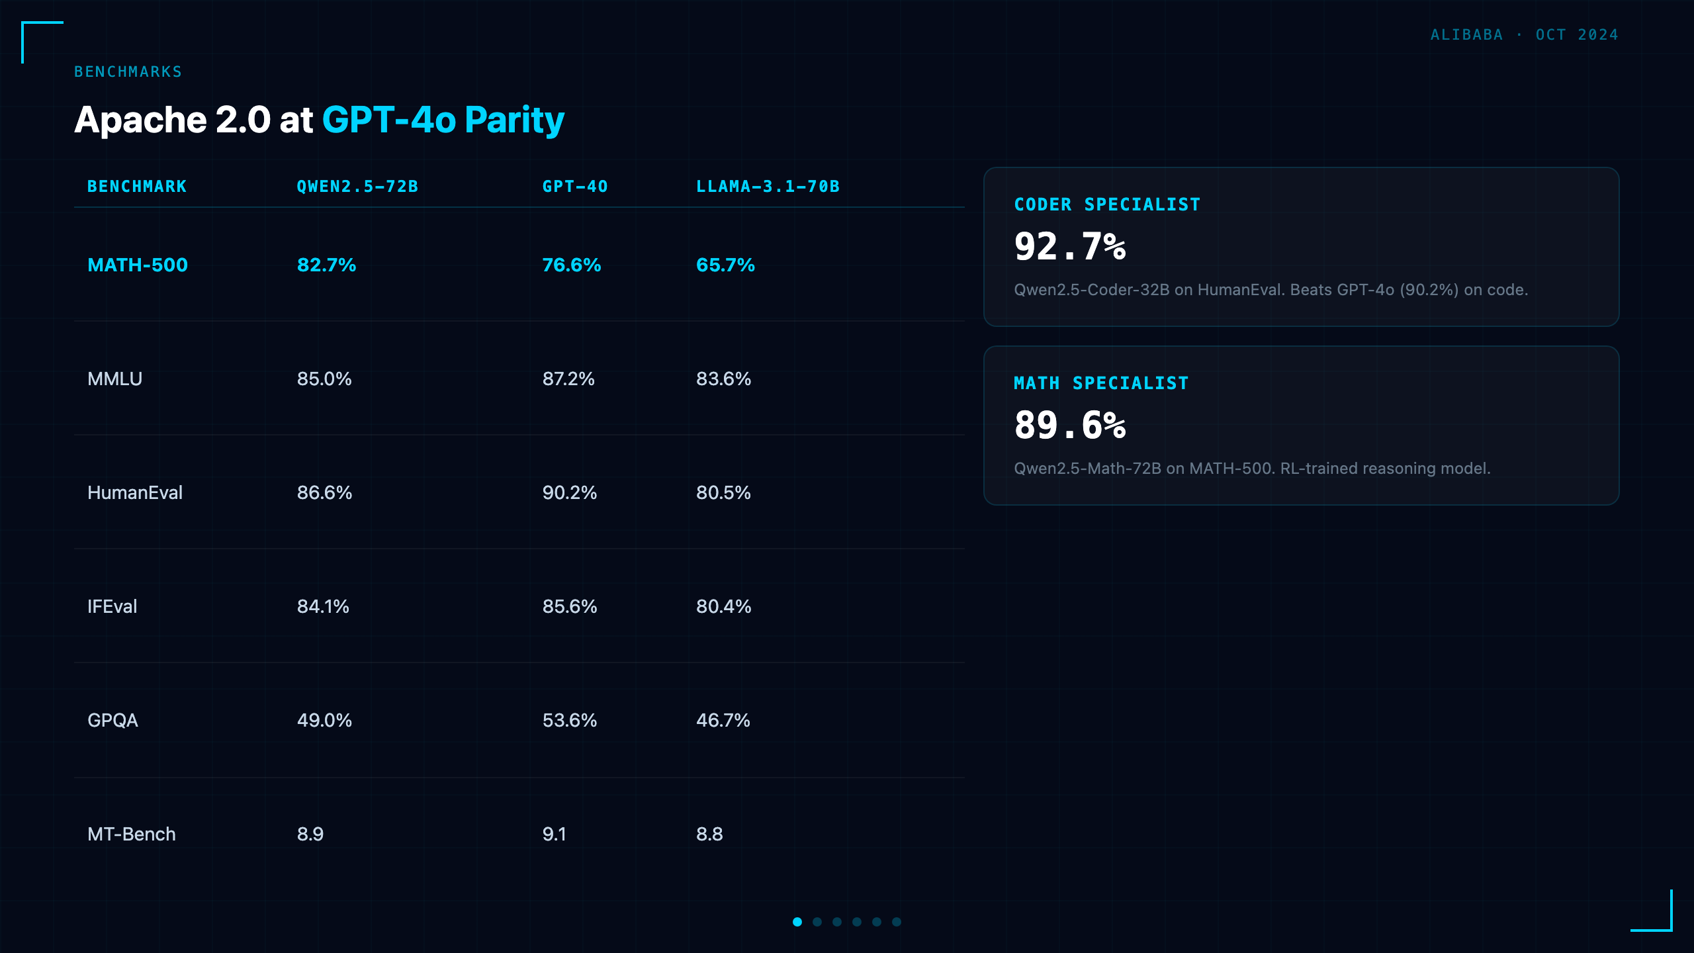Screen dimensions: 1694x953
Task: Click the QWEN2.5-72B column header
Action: (357, 187)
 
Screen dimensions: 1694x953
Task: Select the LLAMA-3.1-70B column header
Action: (768, 187)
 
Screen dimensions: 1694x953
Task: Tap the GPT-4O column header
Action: (575, 187)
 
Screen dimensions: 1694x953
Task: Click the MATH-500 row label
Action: (138, 265)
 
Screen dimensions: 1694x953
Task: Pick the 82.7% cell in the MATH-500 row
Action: (326, 265)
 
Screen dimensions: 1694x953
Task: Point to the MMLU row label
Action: (115, 379)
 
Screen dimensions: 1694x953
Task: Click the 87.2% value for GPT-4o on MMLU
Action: (568, 379)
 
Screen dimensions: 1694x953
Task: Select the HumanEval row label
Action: (135, 492)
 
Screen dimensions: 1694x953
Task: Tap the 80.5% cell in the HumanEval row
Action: (723, 492)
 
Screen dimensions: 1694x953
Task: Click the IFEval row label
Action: (112, 606)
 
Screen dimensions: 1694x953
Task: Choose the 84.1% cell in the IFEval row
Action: (323, 606)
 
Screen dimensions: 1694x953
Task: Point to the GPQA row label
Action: (112, 720)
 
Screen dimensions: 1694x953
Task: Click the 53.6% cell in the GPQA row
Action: (570, 720)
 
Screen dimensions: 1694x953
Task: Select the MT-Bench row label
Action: (132, 834)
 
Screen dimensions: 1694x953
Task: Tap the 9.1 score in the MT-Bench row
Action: (555, 834)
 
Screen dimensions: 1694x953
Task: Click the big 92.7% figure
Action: (1070, 246)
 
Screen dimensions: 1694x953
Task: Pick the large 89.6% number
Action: (1070, 425)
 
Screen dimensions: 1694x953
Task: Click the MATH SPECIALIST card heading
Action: (1101, 383)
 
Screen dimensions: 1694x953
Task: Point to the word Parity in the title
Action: (514, 120)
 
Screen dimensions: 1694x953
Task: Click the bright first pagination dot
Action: (797, 922)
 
